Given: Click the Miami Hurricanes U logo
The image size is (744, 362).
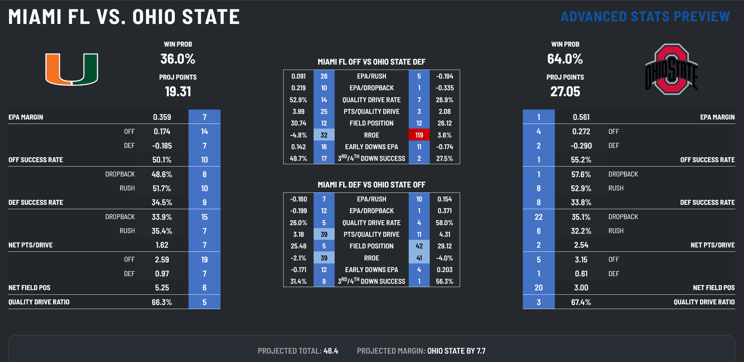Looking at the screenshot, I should [x=72, y=69].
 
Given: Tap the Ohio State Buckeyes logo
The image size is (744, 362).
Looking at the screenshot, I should [x=671, y=69].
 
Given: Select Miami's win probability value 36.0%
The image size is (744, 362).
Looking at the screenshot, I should [x=178, y=59].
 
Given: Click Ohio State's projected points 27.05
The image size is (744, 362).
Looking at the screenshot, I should [x=565, y=92].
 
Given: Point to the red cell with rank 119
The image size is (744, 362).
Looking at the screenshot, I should [x=419, y=135].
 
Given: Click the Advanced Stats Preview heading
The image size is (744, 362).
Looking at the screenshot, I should [x=645, y=17].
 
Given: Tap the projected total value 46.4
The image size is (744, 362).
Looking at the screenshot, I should [x=331, y=351].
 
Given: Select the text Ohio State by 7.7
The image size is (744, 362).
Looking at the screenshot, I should [x=456, y=351].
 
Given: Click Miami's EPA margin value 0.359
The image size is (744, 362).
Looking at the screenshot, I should [x=162, y=117].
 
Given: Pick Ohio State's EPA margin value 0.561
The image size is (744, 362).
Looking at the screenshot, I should [x=581, y=117].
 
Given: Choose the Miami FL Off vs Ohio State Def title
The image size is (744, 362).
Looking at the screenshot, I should [x=371, y=62].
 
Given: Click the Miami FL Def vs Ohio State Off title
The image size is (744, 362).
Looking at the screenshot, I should [x=371, y=185].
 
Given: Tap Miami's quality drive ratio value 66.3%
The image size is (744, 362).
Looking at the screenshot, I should [x=162, y=302].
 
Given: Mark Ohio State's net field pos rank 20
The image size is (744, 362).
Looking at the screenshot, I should [x=538, y=288].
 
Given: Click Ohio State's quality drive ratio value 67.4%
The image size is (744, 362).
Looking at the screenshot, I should [x=581, y=302].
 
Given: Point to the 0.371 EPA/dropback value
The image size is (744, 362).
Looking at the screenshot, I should [x=444, y=211].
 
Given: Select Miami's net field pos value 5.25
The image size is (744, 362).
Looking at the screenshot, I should [x=162, y=288].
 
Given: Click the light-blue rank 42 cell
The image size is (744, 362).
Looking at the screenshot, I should [x=419, y=246].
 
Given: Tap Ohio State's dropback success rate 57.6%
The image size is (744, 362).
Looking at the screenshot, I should [x=581, y=175].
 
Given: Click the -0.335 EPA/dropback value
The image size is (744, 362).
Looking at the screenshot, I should [x=444, y=88].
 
